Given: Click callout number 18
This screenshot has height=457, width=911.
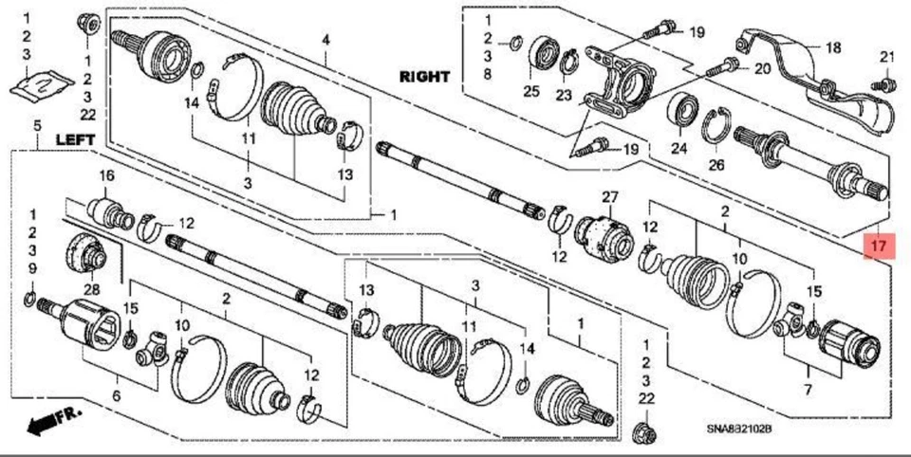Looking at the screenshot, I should point(832,47).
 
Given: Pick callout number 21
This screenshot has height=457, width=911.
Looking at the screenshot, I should point(886,58).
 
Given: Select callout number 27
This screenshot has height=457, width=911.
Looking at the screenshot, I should point(608,198).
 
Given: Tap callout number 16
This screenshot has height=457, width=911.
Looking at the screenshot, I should point(106,175).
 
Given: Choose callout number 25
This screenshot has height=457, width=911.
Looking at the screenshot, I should point(530,91).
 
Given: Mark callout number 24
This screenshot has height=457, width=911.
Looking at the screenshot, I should point(678,147).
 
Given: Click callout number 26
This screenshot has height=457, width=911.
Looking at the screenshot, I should point(716,164).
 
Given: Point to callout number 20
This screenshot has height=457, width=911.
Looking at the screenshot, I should point(763,69).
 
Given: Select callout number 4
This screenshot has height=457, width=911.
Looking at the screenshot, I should point(325,40).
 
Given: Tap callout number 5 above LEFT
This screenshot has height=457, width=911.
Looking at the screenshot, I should point(36,125).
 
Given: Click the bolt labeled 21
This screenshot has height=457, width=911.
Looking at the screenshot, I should point(878,84).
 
